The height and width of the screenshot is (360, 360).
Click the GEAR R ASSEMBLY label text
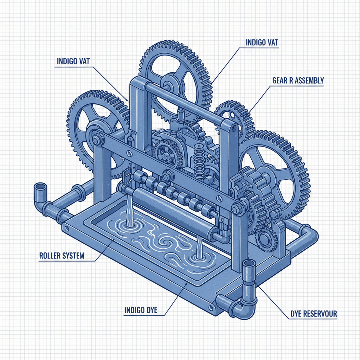point(298,81)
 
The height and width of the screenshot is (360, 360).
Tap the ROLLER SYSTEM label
point(62,256)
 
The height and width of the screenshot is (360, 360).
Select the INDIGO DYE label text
point(141,310)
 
